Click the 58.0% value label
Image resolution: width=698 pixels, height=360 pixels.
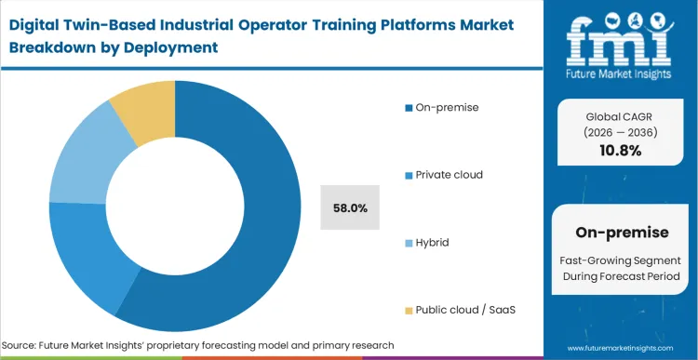tap(349, 208)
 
